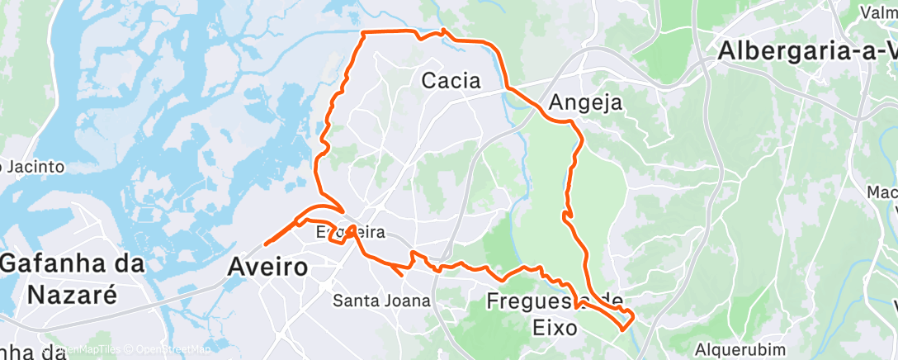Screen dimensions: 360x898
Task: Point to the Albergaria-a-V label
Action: (x=806, y=50)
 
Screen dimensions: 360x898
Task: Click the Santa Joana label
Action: (x=381, y=301)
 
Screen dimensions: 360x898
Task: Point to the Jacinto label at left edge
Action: (x=33, y=167)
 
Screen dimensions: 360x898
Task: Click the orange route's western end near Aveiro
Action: (x=266, y=243)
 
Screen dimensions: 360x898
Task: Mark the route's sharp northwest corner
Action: (x=364, y=33)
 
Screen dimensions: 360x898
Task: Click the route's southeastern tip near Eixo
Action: (x=625, y=326)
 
